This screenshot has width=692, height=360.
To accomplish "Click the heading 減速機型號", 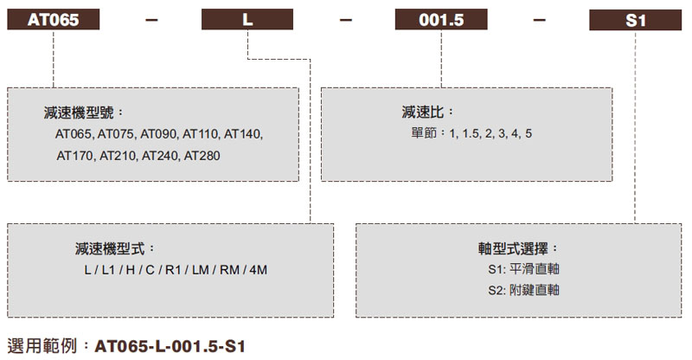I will [83, 113].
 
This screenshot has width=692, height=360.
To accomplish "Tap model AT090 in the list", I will [158, 135].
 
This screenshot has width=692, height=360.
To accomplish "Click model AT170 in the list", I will [75, 157].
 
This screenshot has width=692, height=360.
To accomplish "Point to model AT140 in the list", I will [242, 135].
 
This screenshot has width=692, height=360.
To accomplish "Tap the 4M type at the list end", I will [258, 270].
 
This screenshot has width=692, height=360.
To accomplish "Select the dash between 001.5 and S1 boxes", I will [535, 20].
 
